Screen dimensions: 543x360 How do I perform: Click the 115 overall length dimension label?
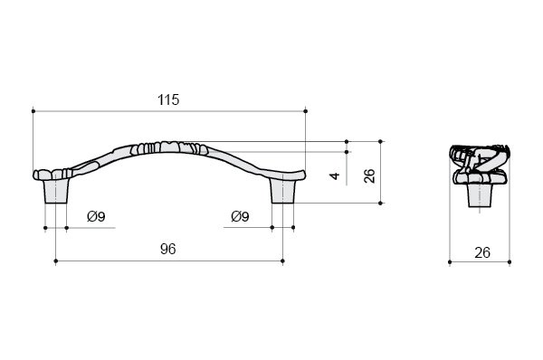coord(168,99)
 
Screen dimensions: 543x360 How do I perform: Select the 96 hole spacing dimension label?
coord(168,249)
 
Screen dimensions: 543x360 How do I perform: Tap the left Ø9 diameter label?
coord(96,217)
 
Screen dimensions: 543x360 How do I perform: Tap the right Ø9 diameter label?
coord(240,217)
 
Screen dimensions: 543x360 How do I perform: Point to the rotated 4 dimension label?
coord(335,175)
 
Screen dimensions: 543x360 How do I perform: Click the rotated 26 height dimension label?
coord(369,175)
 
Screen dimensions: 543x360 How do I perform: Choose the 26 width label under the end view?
coord(482,252)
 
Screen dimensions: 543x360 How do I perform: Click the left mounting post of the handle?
coord(56,191)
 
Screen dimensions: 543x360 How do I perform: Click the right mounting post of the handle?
coord(282,191)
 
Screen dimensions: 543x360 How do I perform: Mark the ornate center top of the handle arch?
coord(169,148)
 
